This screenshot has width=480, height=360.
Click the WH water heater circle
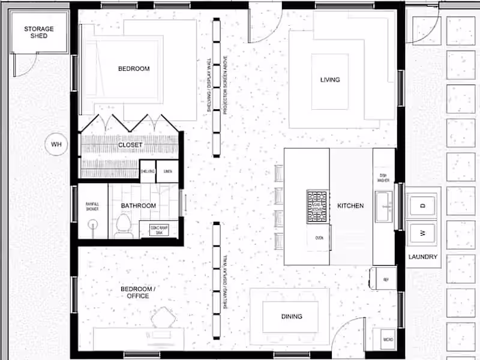[56, 144]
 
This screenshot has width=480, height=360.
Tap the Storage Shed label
[39, 32]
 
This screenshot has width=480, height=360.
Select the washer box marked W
[422, 233]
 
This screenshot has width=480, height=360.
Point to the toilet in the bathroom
[124, 226]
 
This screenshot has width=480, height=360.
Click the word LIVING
[330, 80]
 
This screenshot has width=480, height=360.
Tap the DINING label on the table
[292, 316]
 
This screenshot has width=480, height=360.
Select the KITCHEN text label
[350, 206]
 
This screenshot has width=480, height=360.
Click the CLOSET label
[130, 145]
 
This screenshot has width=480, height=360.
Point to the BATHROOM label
[139, 206]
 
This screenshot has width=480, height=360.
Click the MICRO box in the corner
[388, 340]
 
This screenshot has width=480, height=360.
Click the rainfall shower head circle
[93, 226]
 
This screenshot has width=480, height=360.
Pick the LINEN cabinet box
[168, 172]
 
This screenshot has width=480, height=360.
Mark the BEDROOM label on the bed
[134, 69]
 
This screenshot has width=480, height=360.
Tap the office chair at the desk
[162, 317]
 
